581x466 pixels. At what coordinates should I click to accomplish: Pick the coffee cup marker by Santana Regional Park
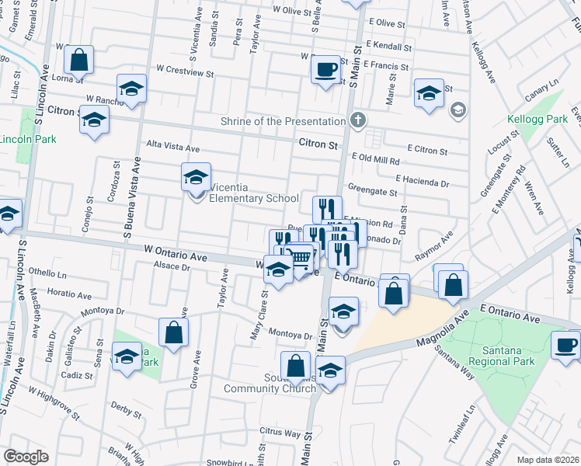565,344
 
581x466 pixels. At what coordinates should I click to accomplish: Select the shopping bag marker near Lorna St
79,59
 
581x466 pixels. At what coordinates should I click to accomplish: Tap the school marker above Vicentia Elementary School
196,176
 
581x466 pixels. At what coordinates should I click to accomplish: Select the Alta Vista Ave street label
173,148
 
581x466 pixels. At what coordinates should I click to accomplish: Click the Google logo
26,457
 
